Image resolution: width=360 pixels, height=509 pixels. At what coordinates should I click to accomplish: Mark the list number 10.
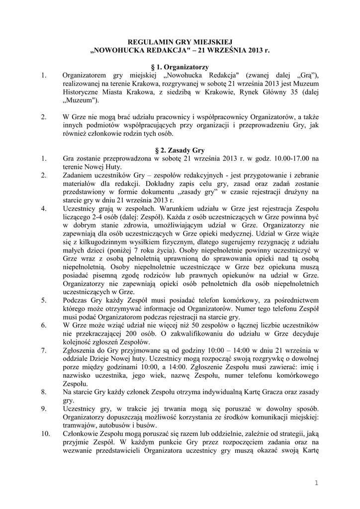(x=45, y=435)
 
